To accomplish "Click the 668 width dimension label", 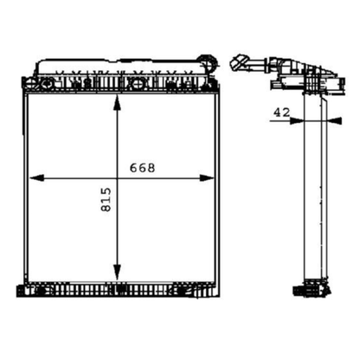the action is [142, 168].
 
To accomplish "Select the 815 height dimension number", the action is [106, 200].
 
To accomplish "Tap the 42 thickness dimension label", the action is [281, 112].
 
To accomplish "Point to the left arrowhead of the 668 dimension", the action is [36, 178].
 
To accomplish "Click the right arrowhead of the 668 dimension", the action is [208, 178].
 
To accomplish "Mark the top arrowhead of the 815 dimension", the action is [117, 103].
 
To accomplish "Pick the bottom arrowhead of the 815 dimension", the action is [117, 273].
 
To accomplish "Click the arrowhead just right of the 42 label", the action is [297, 120].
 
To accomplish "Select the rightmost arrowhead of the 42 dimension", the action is [335, 120].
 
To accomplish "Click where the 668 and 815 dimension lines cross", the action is [117, 178].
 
